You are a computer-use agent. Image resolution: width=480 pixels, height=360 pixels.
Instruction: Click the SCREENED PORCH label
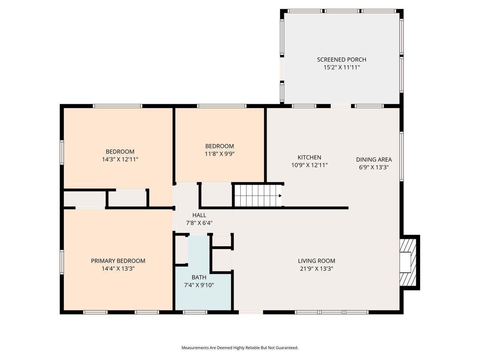point(341,60)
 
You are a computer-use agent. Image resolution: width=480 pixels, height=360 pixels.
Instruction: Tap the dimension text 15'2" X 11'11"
point(341,67)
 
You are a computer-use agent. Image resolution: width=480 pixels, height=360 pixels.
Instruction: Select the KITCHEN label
point(309,157)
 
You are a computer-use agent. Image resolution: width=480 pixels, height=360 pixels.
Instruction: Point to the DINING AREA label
point(373,159)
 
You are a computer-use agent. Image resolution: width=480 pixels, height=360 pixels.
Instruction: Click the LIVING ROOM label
point(316,261)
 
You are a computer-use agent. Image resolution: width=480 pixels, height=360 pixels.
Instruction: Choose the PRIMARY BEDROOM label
point(118,261)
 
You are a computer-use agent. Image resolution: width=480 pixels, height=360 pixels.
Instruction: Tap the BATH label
point(199,277)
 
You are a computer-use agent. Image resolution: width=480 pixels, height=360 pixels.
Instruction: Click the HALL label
point(199,215)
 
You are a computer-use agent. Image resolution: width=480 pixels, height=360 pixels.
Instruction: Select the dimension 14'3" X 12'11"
point(120,159)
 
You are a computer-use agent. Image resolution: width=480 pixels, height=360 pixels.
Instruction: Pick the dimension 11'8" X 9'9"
point(219,154)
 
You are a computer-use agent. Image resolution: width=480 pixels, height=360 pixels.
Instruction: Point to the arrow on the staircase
point(280,195)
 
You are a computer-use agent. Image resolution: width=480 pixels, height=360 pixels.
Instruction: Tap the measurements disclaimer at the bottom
point(240,348)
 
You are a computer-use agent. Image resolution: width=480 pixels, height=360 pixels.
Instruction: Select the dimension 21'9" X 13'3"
point(316,268)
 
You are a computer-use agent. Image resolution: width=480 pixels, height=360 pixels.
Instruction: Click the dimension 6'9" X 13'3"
point(373,167)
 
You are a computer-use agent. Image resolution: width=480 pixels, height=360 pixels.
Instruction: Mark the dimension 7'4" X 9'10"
point(199,285)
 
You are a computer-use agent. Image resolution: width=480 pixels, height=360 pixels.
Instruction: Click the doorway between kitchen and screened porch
point(341,106)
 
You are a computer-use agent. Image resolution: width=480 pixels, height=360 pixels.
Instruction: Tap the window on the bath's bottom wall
point(195,312)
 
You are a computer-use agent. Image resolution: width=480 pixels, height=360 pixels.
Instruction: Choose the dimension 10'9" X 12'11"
point(309,165)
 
